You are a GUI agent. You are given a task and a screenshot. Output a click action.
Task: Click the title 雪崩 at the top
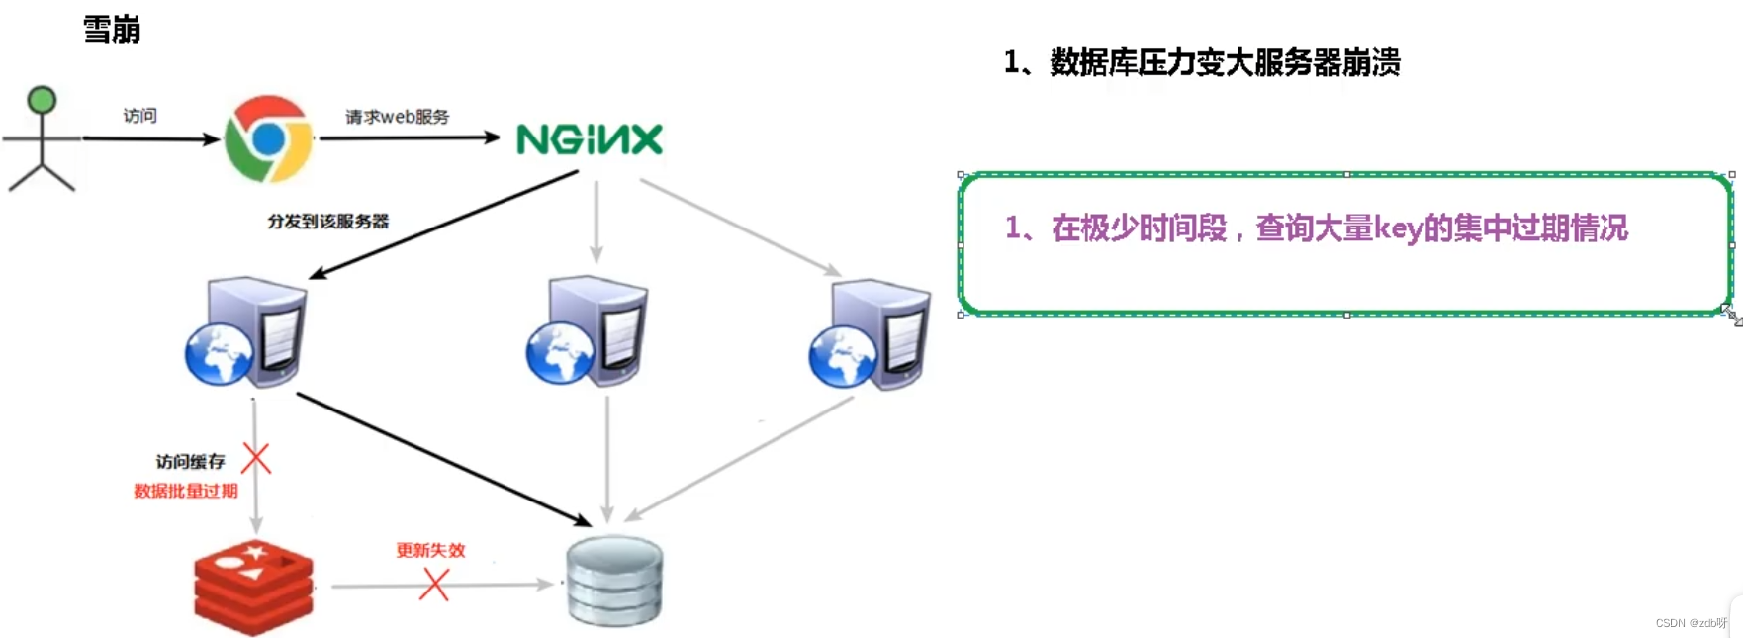coord(111,30)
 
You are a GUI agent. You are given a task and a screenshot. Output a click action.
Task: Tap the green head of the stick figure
coord(42,100)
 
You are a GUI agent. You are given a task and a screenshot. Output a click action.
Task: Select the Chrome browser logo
coord(268,139)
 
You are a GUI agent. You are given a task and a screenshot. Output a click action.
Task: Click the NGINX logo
coord(590,139)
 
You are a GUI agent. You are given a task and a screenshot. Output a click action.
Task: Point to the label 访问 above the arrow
coord(139,116)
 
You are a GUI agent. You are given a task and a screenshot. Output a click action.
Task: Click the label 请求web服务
coord(397,117)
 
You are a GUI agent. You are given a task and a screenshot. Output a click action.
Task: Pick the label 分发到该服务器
coord(327,221)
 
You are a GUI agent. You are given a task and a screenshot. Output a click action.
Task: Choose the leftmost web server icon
coord(247,332)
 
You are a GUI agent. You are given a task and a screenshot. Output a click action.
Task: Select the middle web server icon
coord(588,331)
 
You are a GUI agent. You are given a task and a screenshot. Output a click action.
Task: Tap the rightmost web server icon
coord(870,334)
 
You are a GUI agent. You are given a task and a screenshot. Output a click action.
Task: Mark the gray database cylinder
coord(614,581)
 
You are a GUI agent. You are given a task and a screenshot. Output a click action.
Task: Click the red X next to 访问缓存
coord(256,459)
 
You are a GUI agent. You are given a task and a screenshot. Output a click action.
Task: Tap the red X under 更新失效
coord(434,586)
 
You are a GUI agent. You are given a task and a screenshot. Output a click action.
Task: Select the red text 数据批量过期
coord(186,491)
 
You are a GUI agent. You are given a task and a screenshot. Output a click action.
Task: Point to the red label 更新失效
coord(430,550)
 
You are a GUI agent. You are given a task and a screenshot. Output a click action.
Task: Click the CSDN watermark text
coord(1691,623)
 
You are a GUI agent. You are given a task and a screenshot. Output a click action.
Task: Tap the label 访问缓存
coord(190,461)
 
